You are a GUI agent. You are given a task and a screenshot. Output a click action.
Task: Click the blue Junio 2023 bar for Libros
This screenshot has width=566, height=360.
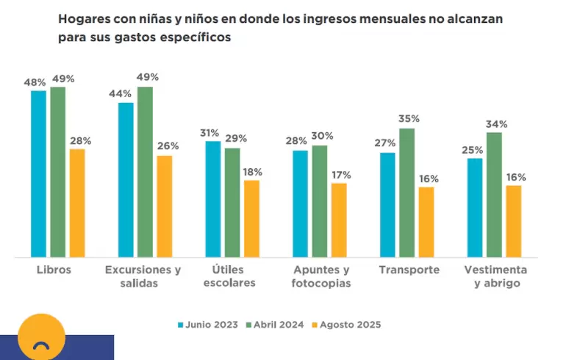38,173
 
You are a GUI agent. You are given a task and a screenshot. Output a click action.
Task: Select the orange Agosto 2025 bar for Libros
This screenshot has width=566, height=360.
77,203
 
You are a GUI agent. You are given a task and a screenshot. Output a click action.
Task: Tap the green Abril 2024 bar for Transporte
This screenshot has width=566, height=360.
406,192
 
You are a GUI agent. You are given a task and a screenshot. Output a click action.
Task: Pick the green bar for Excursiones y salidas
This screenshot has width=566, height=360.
145,172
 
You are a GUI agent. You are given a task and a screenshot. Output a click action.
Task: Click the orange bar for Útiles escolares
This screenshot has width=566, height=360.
251,219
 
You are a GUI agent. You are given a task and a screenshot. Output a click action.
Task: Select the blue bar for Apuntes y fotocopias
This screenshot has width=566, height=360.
300,204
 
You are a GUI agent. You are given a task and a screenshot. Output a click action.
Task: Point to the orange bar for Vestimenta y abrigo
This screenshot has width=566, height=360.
513,221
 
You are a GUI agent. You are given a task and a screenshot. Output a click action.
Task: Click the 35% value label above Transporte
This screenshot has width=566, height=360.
409,118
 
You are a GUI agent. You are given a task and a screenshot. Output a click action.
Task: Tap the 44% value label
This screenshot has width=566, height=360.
120,93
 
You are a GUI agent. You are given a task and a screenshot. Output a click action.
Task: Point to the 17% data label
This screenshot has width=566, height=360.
340,175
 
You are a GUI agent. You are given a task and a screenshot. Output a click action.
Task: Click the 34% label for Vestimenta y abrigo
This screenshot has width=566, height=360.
496,123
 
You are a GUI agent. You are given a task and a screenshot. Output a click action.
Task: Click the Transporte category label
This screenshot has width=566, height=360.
409,270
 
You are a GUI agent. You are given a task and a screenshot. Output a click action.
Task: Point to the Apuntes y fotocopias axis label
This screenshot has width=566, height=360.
320,276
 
